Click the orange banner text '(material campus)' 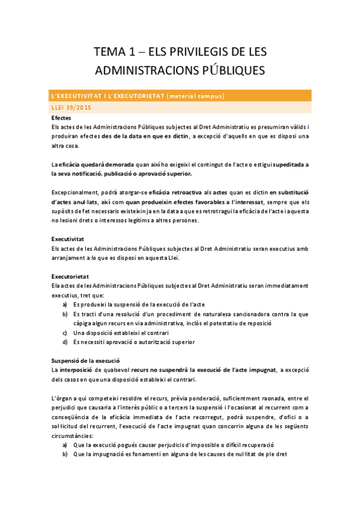pos(195,96)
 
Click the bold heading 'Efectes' pos(62,118)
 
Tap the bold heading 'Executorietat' pos(70,276)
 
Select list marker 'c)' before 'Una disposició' pos(65,333)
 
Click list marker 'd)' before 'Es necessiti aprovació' pos(65,342)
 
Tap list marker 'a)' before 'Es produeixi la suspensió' pos(65,304)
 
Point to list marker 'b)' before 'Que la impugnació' pos(65,455)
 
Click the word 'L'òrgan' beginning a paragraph pos(63,398)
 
